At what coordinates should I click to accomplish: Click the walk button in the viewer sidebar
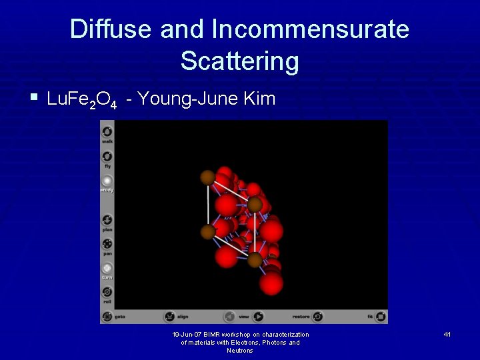tap(107, 132)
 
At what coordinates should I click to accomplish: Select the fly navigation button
tap(107, 157)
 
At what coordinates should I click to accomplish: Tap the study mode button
tap(107, 181)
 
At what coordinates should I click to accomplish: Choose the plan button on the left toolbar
tap(107, 220)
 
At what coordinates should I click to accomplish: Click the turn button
tap(107, 268)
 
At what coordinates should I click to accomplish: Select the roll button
tap(107, 292)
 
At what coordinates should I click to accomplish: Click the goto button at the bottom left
tap(107, 317)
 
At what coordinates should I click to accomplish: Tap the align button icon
tap(169, 317)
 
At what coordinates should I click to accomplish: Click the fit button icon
tap(381, 317)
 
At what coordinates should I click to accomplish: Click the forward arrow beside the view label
tap(258, 317)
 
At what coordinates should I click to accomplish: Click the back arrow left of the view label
tap(229, 317)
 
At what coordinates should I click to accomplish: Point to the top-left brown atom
tap(208, 177)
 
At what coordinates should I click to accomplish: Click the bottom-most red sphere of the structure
tap(271, 283)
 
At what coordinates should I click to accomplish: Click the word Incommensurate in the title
tap(310, 29)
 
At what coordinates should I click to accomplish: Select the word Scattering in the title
tap(239, 61)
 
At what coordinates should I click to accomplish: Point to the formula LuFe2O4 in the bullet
tap(83, 100)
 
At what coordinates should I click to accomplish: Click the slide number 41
tap(447, 334)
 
